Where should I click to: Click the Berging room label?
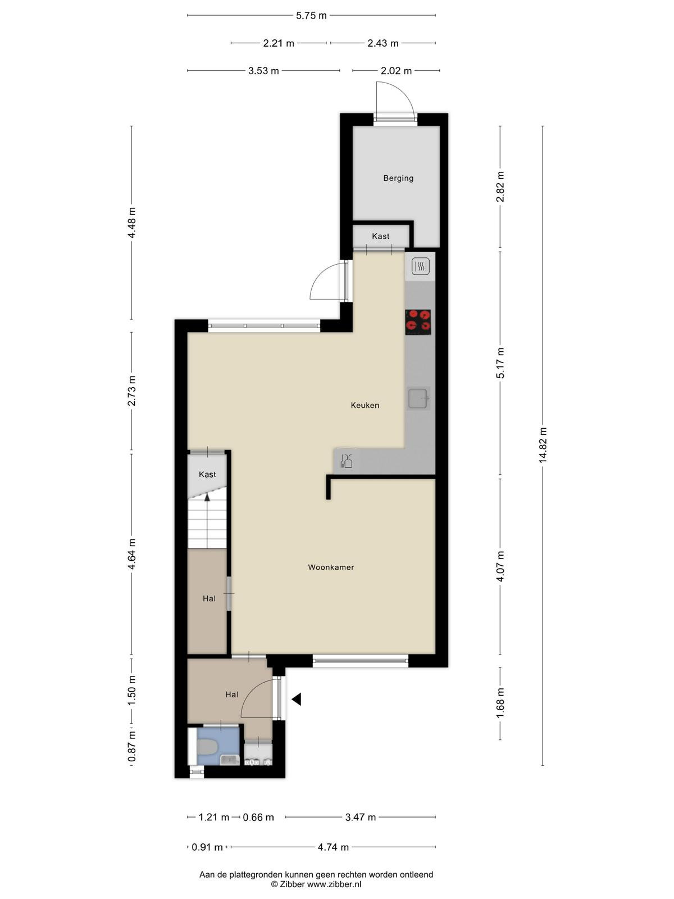tap(398, 178)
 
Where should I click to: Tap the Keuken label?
tap(365, 405)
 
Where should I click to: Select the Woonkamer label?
tap(331, 567)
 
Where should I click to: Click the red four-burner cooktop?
tap(418, 322)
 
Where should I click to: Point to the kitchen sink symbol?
tap(418, 399)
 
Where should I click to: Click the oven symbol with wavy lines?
tap(420, 267)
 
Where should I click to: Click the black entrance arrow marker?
tap(297, 699)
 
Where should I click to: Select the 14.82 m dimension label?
tap(543, 445)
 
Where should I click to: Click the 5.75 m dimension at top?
tap(311, 16)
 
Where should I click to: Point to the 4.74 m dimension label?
tap(333, 847)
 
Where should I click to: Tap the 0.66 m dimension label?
tap(258, 817)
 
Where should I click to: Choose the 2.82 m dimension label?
tap(500, 187)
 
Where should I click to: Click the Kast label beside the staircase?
tap(207, 474)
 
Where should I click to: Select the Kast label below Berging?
tap(381, 237)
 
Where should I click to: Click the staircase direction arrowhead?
tap(207, 497)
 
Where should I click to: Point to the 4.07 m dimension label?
tap(500, 566)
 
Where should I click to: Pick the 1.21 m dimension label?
tap(213, 817)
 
